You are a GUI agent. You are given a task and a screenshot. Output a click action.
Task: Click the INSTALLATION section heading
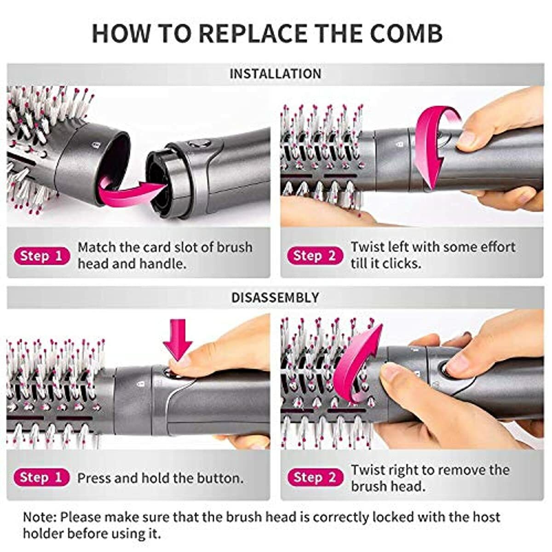click(x=275, y=74)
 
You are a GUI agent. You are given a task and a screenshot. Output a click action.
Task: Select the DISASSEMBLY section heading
click(x=275, y=298)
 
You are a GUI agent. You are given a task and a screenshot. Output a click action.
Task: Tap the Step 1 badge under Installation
click(x=41, y=256)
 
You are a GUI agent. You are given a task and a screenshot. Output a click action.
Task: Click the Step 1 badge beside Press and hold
click(x=41, y=477)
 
